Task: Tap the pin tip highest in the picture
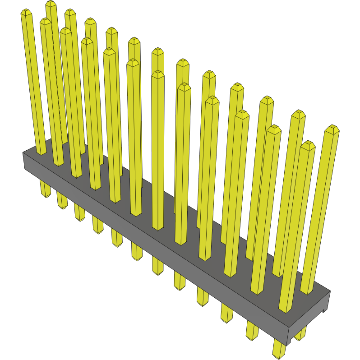(x=51, y=4)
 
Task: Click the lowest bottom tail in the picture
(x=280, y=352)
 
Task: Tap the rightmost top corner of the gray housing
(x=330, y=291)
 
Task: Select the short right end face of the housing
(x=309, y=316)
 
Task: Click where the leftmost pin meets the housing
(x=41, y=153)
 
